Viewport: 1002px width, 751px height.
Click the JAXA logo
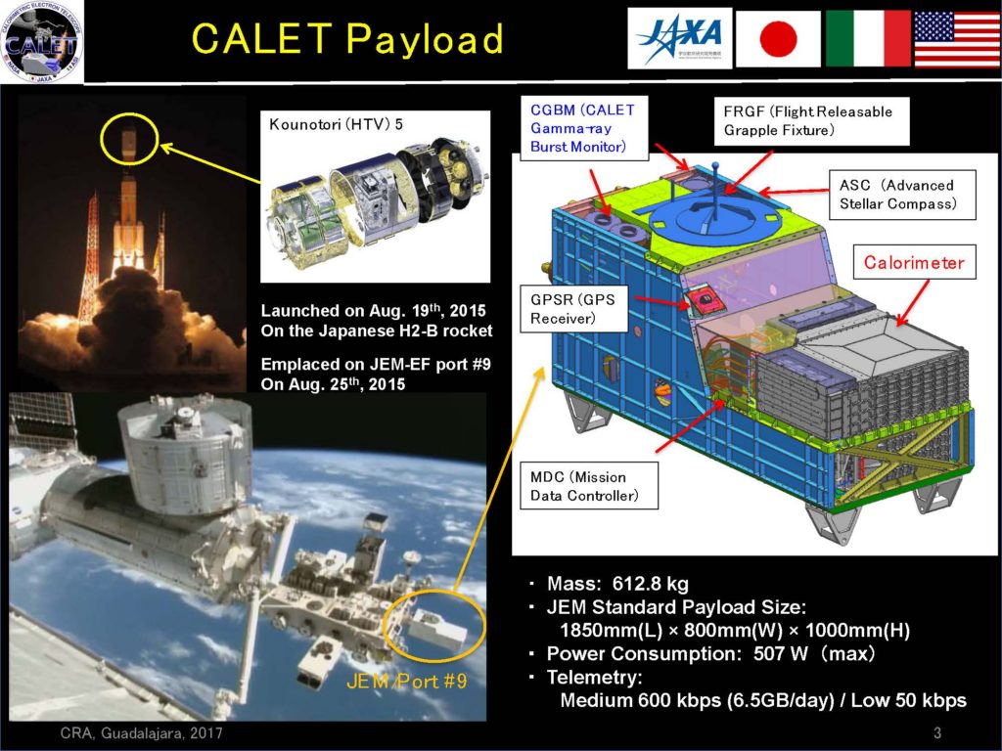click(676, 39)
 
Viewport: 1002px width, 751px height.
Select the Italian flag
click(868, 39)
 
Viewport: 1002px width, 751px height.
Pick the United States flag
click(956, 39)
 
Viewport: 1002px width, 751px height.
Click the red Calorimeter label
click(913, 262)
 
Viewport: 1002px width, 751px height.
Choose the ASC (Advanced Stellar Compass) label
click(895, 194)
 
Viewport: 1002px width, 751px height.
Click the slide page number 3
click(936, 733)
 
